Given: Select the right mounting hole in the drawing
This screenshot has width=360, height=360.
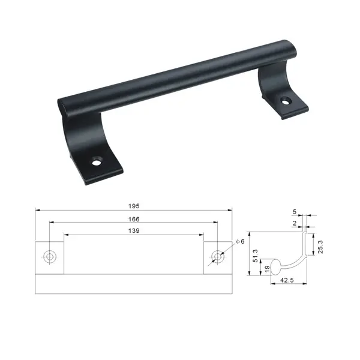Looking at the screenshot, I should pos(217,256).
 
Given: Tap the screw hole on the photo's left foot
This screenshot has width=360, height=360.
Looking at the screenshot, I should pos(95,161).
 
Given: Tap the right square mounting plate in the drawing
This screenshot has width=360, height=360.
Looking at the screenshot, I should pos(217,258).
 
